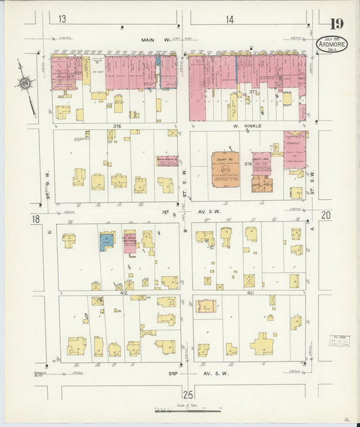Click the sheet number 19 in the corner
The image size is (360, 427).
click(336, 25)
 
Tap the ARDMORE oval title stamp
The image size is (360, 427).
click(333, 45)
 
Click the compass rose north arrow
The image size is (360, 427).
click(26, 84)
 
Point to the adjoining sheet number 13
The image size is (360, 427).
click(62, 20)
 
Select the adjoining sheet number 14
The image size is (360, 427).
click(230, 20)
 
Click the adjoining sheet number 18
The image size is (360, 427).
click(34, 219)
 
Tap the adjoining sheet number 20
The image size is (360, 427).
click(326, 215)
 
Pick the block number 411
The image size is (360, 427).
click(251, 293)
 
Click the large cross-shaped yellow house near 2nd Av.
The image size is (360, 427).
click(262, 344)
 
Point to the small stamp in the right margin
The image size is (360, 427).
click(339, 341)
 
